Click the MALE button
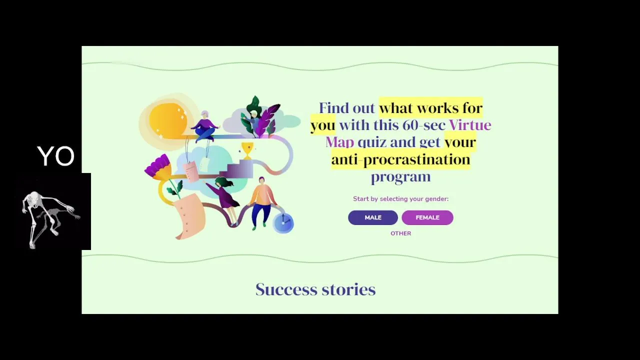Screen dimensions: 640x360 (373, 217)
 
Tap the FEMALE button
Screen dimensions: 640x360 (427, 217)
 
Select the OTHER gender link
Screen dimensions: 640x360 (401, 233)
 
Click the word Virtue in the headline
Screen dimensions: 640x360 (470, 125)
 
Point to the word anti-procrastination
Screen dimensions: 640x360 (400, 159)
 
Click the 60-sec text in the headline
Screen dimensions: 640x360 (424, 125)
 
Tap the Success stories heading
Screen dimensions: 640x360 (315, 289)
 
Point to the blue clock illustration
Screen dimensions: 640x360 (283, 223)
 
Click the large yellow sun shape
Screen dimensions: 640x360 (168, 121)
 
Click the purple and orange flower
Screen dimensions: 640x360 (158, 167)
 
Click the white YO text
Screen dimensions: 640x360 (56, 156)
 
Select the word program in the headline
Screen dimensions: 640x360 (400, 177)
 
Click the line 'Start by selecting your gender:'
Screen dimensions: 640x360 (400, 199)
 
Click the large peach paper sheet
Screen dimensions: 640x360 (190, 216)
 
